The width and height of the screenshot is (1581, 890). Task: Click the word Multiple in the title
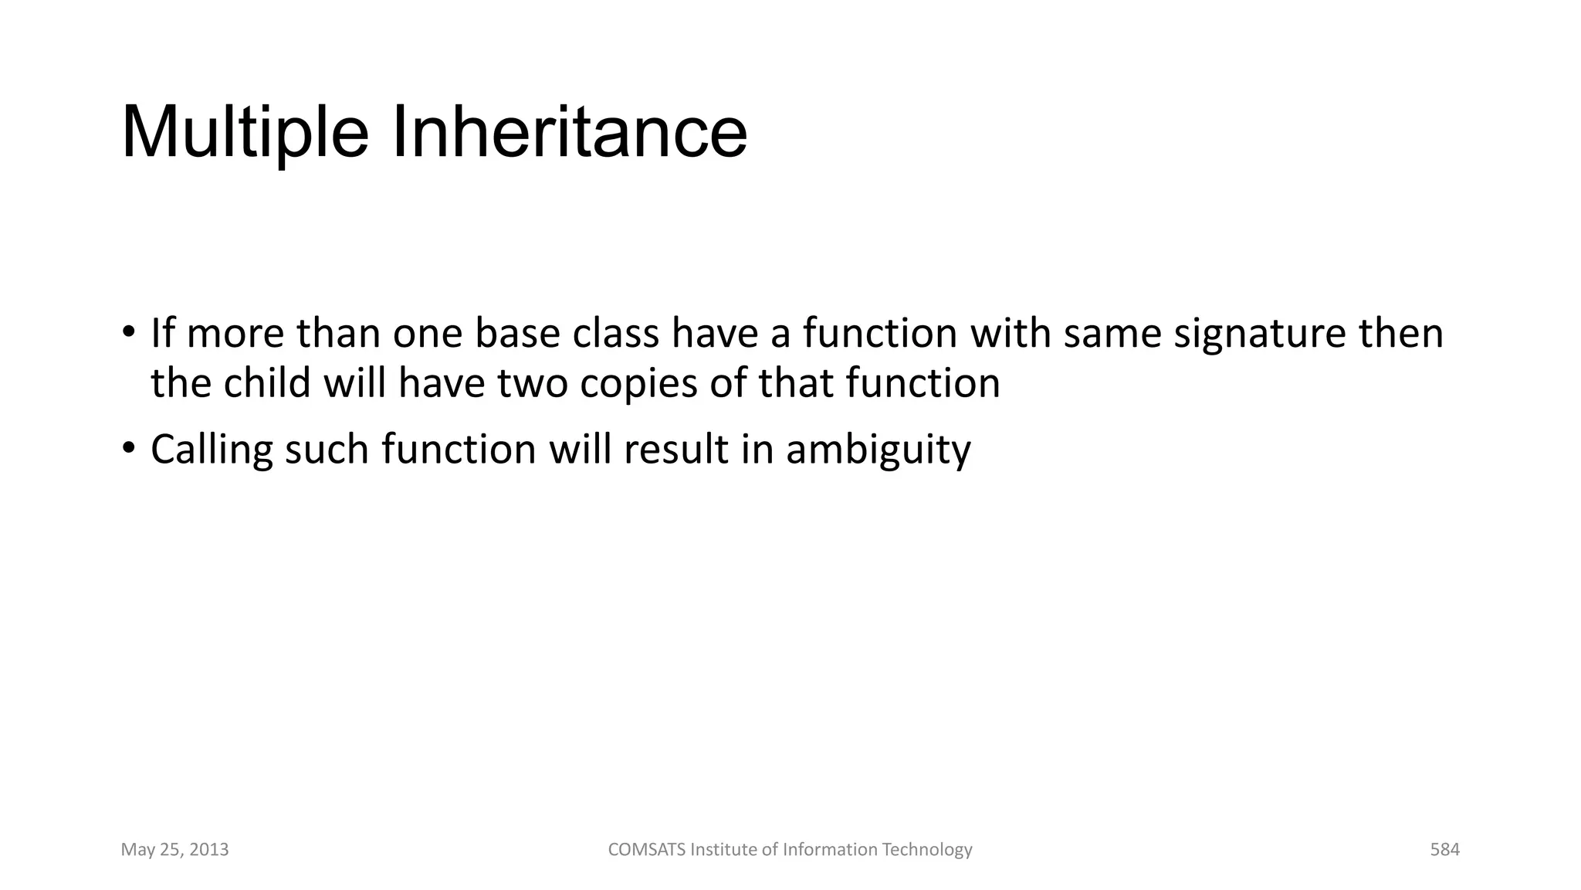(x=245, y=133)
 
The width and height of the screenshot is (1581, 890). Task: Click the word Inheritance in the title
(x=570, y=133)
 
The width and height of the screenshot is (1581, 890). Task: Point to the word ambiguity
(x=878, y=450)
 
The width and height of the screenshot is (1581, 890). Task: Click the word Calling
(x=212, y=450)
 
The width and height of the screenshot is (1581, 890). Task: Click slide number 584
(x=1444, y=850)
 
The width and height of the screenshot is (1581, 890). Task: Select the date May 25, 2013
(x=174, y=850)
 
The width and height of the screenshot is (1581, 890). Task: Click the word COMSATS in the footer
(x=646, y=850)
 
